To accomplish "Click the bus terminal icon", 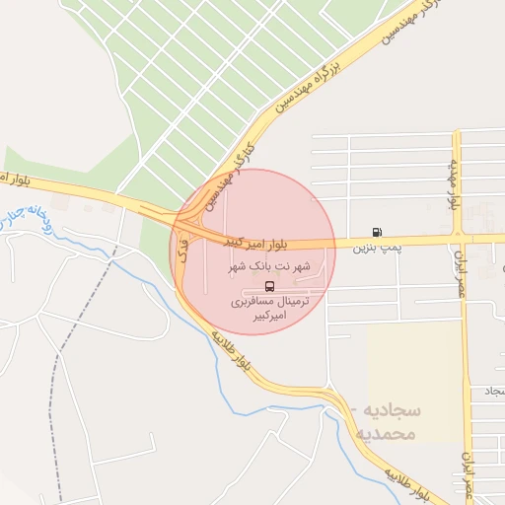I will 270,286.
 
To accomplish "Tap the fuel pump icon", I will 377,233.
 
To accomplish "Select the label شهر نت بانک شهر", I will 269,266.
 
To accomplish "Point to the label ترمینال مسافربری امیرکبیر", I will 270,307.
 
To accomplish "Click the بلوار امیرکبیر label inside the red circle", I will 229,240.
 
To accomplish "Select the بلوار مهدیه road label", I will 456,183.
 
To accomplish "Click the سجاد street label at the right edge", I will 491,393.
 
